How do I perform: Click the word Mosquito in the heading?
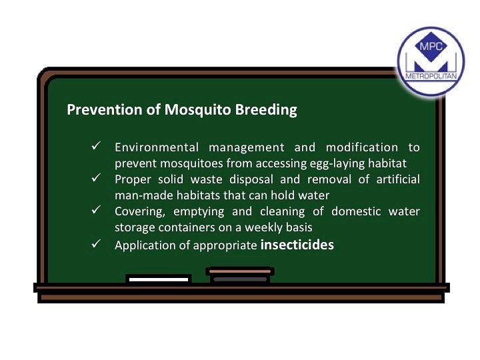pyautogui.click(x=198, y=110)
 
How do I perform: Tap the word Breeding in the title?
pyautogui.click(x=266, y=110)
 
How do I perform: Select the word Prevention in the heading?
pyautogui.click(x=105, y=109)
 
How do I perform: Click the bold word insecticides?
pyautogui.click(x=297, y=245)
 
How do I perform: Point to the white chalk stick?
pyautogui.click(x=159, y=279)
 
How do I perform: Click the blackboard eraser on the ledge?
pyautogui.click(x=240, y=275)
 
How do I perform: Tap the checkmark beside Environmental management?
pyautogui.click(x=96, y=146)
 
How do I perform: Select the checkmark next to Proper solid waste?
pyautogui.click(x=96, y=177)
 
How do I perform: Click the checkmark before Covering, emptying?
pyautogui.click(x=96, y=210)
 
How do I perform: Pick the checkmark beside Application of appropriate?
pyautogui.click(x=96, y=244)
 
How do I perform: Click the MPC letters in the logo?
pyautogui.click(x=431, y=47)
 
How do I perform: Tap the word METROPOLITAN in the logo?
pyautogui.click(x=431, y=76)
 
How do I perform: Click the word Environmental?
pyautogui.click(x=157, y=147)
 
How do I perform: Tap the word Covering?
pyautogui.click(x=140, y=212)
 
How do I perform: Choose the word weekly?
pyautogui.click(x=263, y=227)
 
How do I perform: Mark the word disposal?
pyautogui.click(x=251, y=180)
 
